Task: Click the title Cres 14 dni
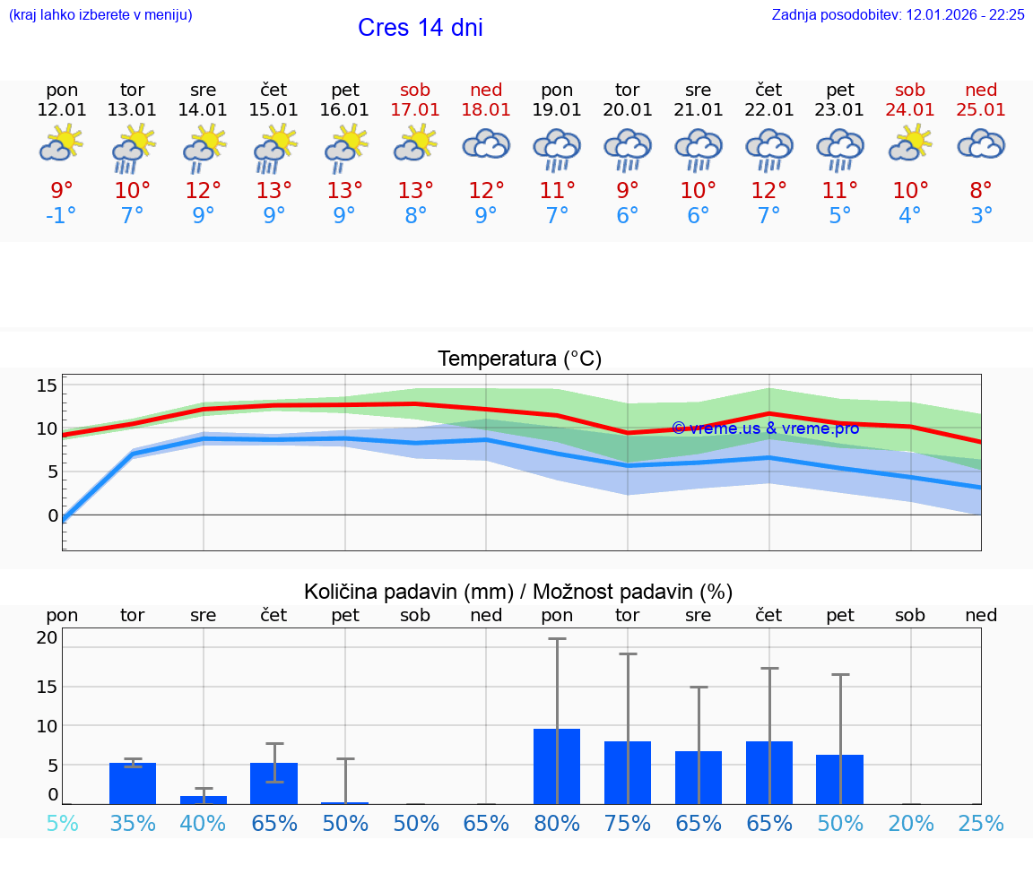pos(420,28)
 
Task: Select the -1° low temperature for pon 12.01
pos(62,216)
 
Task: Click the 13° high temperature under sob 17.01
pos(415,191)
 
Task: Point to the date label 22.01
pos(768,110)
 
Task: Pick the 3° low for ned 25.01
pos(981,216)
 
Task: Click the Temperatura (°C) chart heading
pos(519,359)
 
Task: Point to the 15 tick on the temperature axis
pos(47,385)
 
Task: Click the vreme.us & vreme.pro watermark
pos(765,428)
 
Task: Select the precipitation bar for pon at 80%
pos(557,766)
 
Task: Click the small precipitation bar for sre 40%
pos(204,800)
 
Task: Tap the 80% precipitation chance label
pos(557,824)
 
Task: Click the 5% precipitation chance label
pos(62,824)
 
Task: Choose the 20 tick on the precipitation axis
pos(47,638)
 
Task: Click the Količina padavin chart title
pos(518,592)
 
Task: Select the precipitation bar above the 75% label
pos(628,773)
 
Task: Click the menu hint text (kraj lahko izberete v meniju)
pos(100,15)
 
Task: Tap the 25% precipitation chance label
pos(981,824)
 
